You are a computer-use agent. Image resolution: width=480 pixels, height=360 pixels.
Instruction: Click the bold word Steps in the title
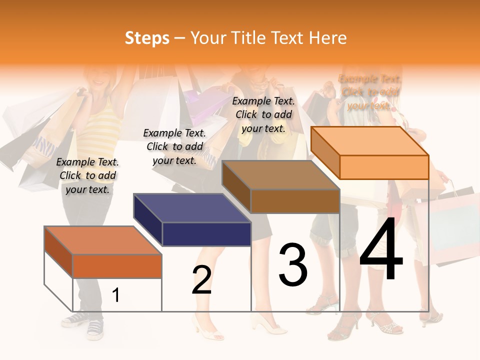(x=147, y=38)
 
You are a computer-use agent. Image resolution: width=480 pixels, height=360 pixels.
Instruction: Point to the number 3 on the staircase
(x=293, y=265)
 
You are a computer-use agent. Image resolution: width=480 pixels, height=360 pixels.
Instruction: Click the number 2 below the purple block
(x=201, y=280)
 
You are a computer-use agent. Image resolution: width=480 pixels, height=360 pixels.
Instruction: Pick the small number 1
(x=115, y=295)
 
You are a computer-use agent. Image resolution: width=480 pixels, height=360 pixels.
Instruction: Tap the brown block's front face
(x=295, y=201)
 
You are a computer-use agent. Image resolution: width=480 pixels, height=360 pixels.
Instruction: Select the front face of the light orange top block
(x=384, y=167)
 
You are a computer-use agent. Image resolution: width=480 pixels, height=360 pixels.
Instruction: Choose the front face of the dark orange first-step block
(x=117, y=266)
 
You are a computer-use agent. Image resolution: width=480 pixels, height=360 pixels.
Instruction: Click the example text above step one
(x=87, y=175)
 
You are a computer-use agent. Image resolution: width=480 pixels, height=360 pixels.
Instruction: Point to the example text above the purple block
(x=174, y=146)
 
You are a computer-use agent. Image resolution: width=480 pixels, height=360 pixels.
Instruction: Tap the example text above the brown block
(x=263, y=114)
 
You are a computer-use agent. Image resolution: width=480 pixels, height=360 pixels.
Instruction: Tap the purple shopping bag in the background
(x=205, y=105)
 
